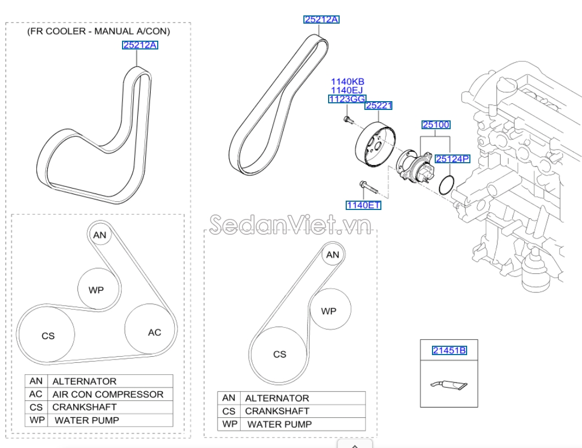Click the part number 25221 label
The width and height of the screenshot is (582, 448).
point(379,106)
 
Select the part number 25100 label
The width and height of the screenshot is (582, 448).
point(436,125)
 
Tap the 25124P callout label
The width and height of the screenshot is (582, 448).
point(452,159)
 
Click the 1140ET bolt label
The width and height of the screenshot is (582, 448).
point(363,205)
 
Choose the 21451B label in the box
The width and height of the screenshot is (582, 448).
point(449,350)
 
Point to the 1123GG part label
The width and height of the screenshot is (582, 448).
point(347,99)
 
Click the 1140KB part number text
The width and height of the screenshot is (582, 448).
point(347,82)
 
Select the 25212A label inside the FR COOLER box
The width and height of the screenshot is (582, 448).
point(140,45)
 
